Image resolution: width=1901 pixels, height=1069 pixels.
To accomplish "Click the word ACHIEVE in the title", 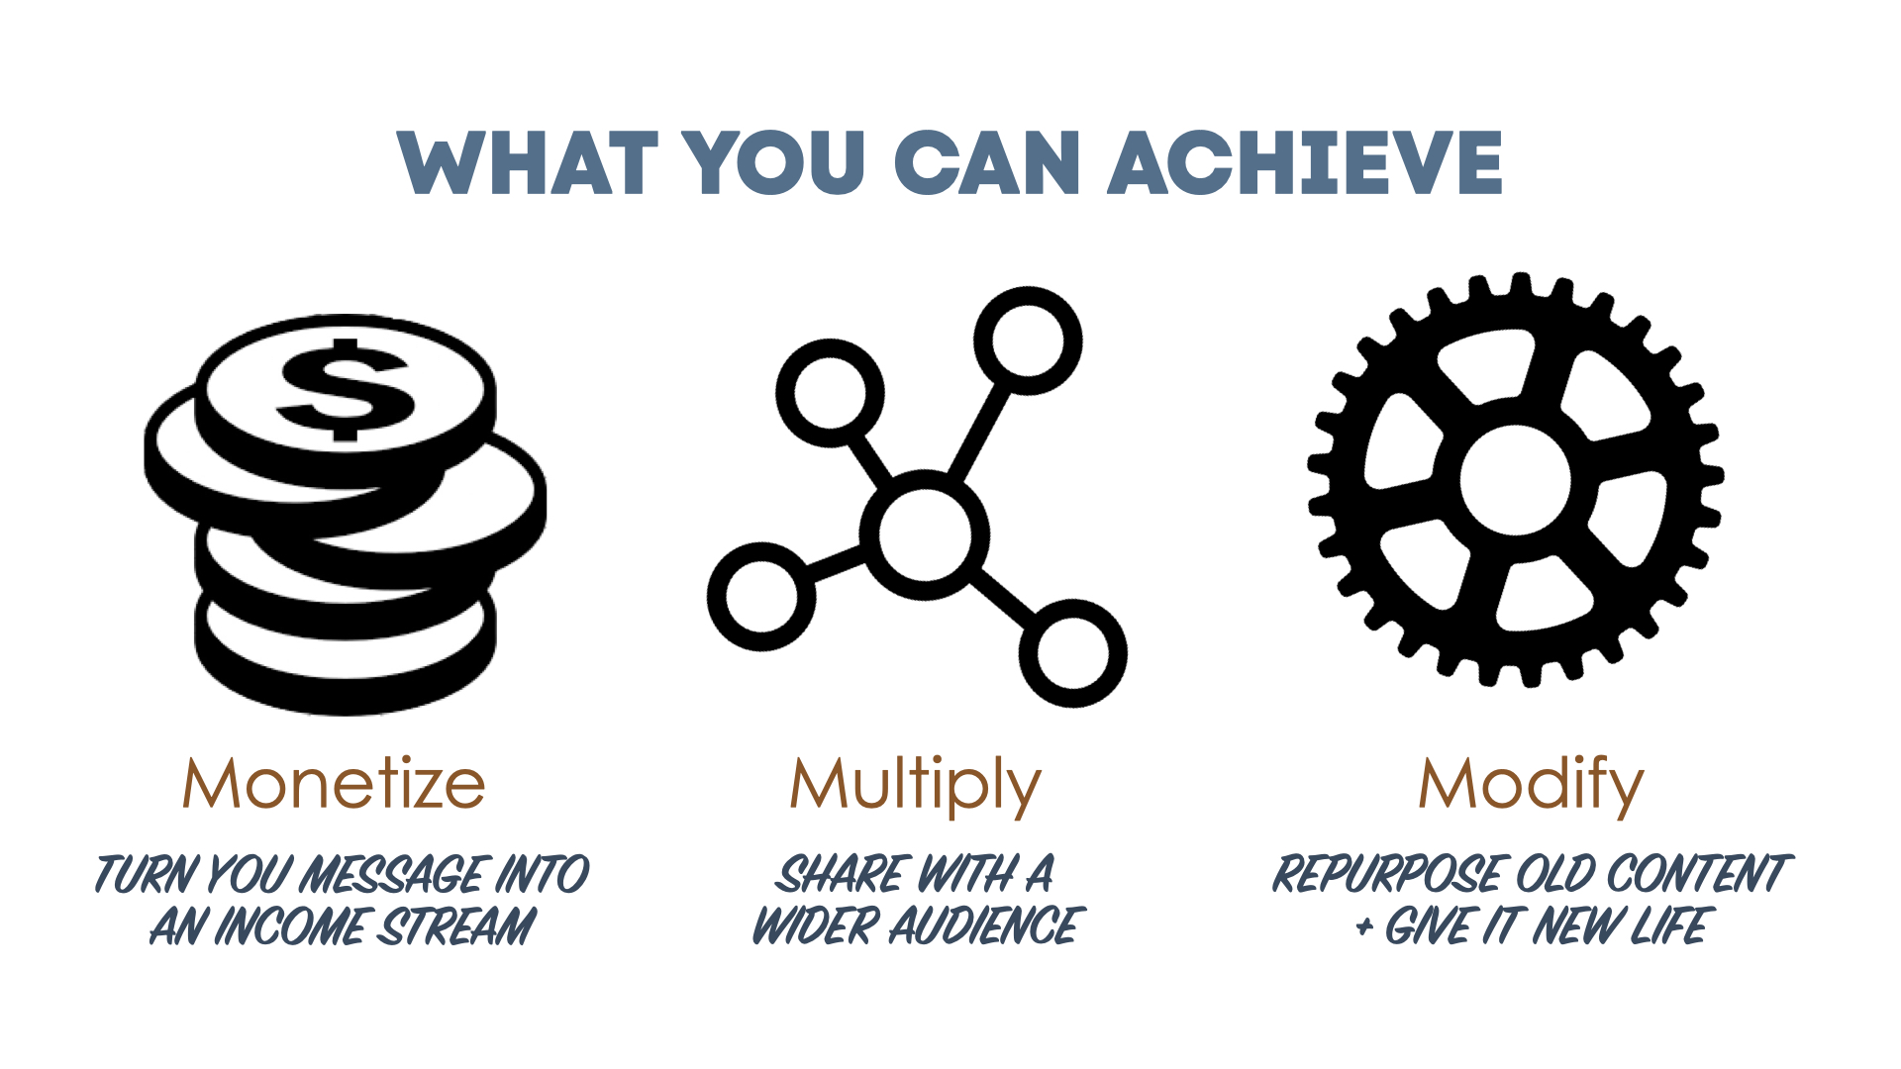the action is pyautogui.click(x=1305, y=162).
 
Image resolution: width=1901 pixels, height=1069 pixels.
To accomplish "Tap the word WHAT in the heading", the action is pyautogui.click(x=528, y=162).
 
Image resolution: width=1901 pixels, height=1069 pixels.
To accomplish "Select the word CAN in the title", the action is pyautogui.click(x=987, y=162).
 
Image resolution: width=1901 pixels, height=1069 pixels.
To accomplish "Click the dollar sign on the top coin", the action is pyautogui.click(x=346, y=390).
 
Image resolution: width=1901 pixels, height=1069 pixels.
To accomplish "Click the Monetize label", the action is pyautogui.click(x=334, y=784).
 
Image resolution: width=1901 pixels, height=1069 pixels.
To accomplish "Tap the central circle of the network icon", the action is pyautogui.click(x=924, y=534).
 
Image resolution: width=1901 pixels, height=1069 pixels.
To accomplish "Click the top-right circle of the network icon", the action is pyautogui.click(x=1028, y=340).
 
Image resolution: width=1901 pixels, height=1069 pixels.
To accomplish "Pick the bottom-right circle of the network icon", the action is pyautogui.click(x=1072, y=653).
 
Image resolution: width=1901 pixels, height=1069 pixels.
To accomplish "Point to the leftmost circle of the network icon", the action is pyautogui.click(x=761, y=597).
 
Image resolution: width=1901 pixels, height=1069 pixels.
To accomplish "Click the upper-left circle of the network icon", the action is pyautogui.click(x=830, y=393).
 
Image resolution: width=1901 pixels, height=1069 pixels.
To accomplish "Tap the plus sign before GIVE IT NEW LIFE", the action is pyautogui.click(x=1365, y=928).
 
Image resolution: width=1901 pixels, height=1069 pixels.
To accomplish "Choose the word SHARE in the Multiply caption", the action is pyautogui.click(x=842, y=875).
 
